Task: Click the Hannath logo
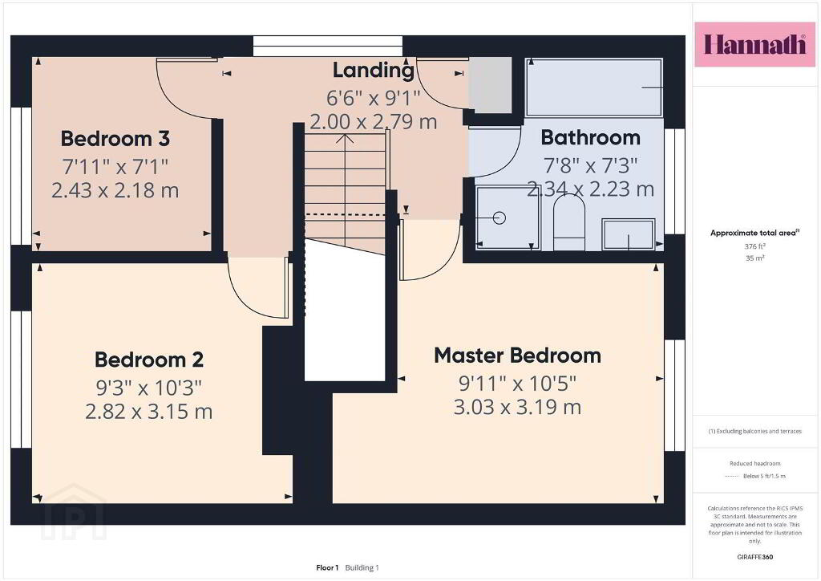[x=754, y=44]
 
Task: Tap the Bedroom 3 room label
[x=115, y=139]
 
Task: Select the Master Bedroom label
[x=517, y=356]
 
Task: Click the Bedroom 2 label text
[x=149, y=360]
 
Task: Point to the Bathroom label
[x=591, y=138]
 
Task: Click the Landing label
[x=374, y=71]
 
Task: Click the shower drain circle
[x=499, y=217]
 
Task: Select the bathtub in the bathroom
[x=594, y=87]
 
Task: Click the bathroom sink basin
[x=629, y=234]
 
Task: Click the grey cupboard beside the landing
[x=490, y=85]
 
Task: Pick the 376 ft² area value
[x=755, y=246]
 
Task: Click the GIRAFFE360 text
[x=755, y=557]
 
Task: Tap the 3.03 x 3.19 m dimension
[x=517, y=408]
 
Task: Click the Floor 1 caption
[x=327, y=567]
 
